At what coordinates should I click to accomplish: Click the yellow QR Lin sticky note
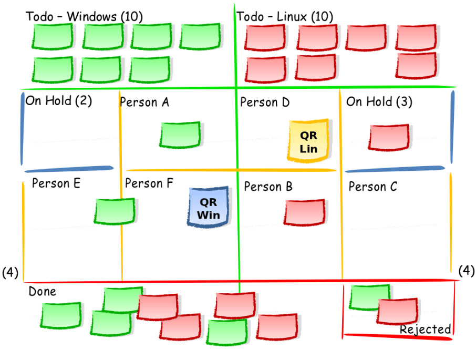(x=309, y=140)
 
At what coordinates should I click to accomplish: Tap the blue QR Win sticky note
(x=209, y=207)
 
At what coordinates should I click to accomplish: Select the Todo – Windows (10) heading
(x=84, y=16)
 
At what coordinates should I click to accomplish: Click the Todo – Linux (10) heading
(x=284, y=16)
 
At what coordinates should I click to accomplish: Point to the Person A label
(x=144, y=102)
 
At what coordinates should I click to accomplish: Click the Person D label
(x=265, y=102)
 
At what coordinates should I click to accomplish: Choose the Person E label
(x=56, y=183)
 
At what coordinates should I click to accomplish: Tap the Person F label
(x=149, y=184)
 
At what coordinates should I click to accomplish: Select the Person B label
(x=268, y=187)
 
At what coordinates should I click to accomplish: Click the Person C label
(x=373, y=187)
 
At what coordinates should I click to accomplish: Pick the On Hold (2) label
(x=59, y=100)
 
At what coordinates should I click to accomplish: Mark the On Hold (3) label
(x=379, y=102)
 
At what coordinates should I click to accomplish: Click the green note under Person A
(x=180, y=135)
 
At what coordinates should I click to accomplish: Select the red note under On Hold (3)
(x=389, y=137)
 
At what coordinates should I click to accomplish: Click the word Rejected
(x=426, y=330)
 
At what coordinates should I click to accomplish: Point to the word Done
(x=42, y=291)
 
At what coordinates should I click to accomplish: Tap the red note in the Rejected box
(x=398, y=311)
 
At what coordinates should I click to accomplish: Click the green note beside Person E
(x=114, y=210)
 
